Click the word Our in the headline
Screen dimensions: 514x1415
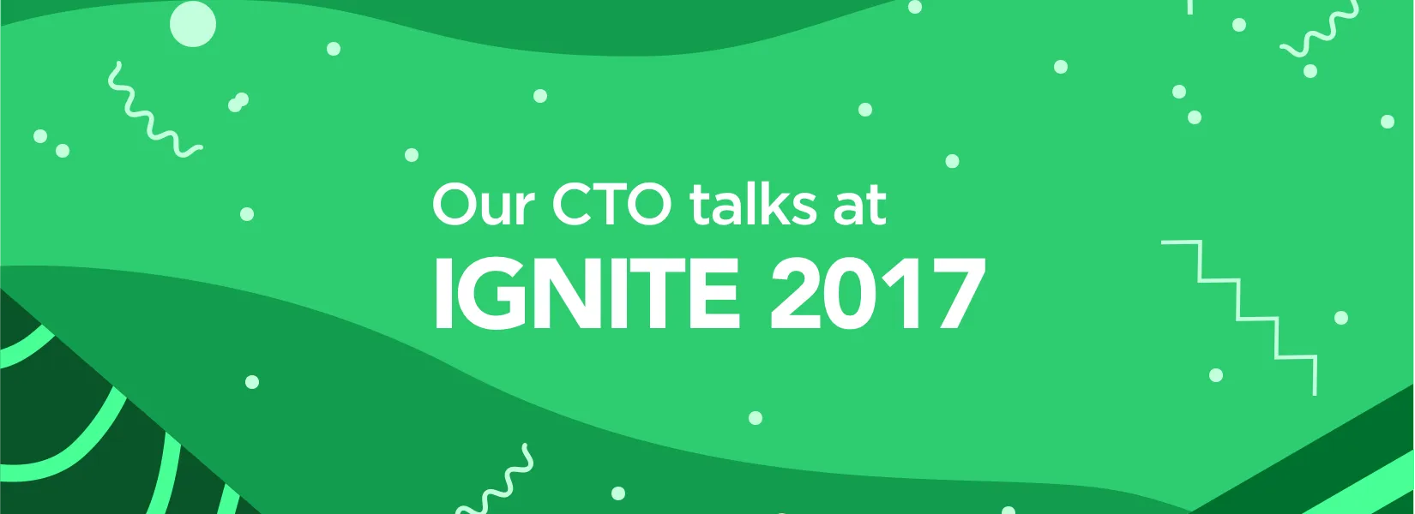484,206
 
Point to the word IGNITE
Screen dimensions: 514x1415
586,294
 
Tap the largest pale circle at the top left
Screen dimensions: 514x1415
193,23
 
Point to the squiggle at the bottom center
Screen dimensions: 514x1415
497,482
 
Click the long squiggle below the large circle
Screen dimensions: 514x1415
152,111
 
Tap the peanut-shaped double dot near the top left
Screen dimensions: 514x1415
238,103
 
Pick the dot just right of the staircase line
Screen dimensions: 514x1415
1341,318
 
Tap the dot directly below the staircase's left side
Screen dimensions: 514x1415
1216,375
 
